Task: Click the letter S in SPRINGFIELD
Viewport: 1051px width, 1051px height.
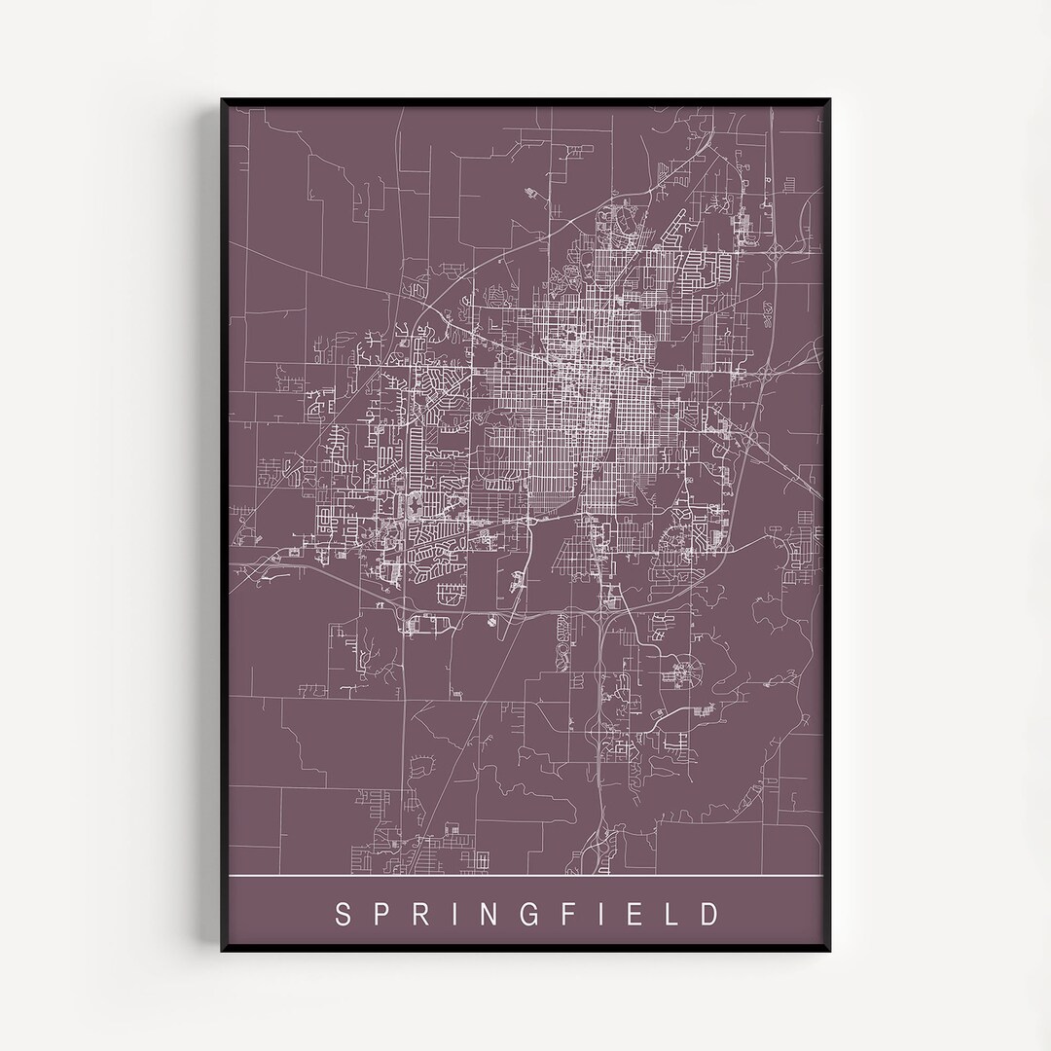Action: pyautogui.click(x=343, y=914)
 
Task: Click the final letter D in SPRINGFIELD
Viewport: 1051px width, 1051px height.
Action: pyautogui.click(x=712, y=914)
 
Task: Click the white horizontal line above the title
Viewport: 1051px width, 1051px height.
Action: pyautogui.click(x=525, y=877)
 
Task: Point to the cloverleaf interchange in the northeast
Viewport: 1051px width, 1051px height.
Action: pyautogui.click(x=779, y=250)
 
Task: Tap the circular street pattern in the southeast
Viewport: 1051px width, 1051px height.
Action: pyautogui.click(x=685, y=670)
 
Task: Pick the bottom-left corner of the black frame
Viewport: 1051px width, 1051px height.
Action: pyautogui.click(x=223, y=952)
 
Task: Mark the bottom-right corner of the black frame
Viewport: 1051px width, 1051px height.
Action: pyautogui.click(x=828, y=952)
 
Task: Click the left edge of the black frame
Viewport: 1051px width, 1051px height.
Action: pyautogui.click(x=223, y=525)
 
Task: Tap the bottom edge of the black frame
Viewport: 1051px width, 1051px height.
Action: pyautogui.click(x=525, y=951)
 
